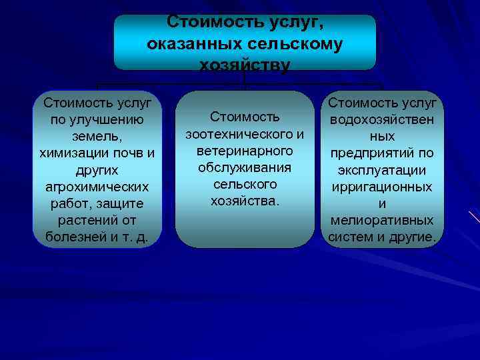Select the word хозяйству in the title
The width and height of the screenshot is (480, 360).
245,65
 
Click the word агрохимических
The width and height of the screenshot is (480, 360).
97,187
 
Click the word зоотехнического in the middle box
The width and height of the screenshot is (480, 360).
239,134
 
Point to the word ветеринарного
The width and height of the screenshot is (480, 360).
245,151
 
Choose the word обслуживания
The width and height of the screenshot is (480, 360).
245,167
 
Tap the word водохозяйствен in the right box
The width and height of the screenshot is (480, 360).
382,120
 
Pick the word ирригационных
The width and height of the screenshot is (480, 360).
382,187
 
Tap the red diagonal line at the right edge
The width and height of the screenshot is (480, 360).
474,217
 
